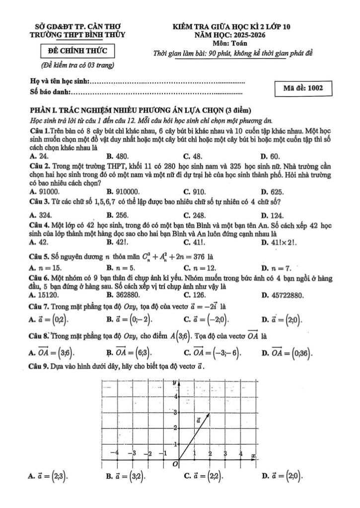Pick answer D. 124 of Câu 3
[x=272, y=215]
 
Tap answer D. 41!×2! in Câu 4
[x=279, y=242]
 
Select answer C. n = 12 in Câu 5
[x=200, y=268]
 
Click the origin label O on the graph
[x=174, y=464]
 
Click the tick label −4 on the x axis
[x=115, y=453]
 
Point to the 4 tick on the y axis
[x=175, y=396]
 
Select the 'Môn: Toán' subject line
[x=233, y=44]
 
